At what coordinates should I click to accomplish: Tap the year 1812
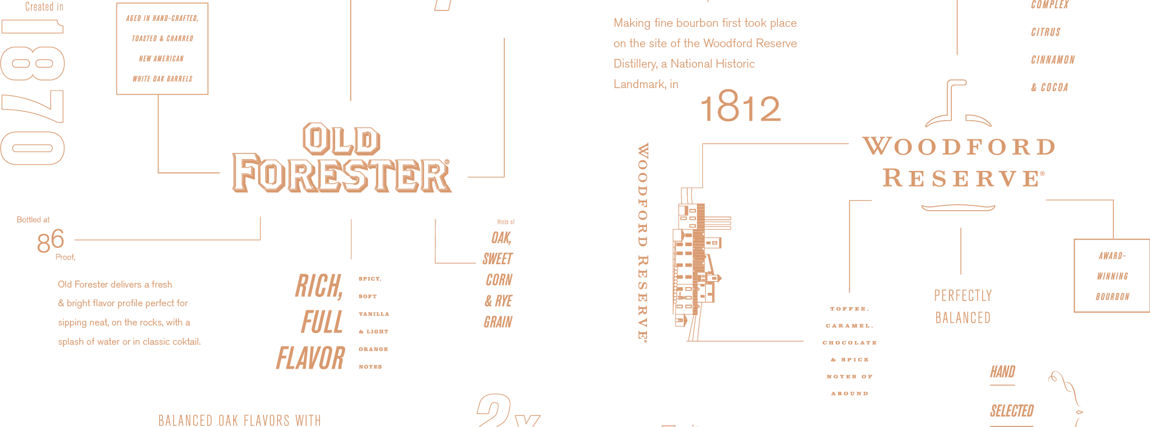coord(740,108)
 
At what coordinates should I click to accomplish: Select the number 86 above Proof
coord(50,241)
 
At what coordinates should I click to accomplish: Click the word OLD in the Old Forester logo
coord(342,139)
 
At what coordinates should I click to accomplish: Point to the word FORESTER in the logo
coord(342,173)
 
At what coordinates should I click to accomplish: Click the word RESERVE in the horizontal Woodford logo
coord(962,178)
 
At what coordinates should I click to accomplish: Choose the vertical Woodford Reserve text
coord(643,242)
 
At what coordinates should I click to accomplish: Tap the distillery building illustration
coord(697,262)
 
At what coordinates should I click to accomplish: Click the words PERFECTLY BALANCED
coord(962,306)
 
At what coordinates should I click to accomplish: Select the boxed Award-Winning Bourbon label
coord(1112,276)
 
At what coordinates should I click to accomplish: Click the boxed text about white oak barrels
coord(162,48)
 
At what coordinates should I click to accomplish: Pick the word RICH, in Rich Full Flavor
coord(319,286)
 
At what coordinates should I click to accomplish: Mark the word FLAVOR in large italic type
coord(311,358)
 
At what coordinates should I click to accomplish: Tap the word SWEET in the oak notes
coord(498,259)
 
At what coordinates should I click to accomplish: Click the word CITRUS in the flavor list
coord(1046,32)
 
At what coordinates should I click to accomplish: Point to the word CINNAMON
coord(1053,60)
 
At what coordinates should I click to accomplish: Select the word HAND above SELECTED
coord(1003,372)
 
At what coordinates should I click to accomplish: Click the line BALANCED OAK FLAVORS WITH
coord(240,420)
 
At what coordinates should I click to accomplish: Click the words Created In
coord(44,7)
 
